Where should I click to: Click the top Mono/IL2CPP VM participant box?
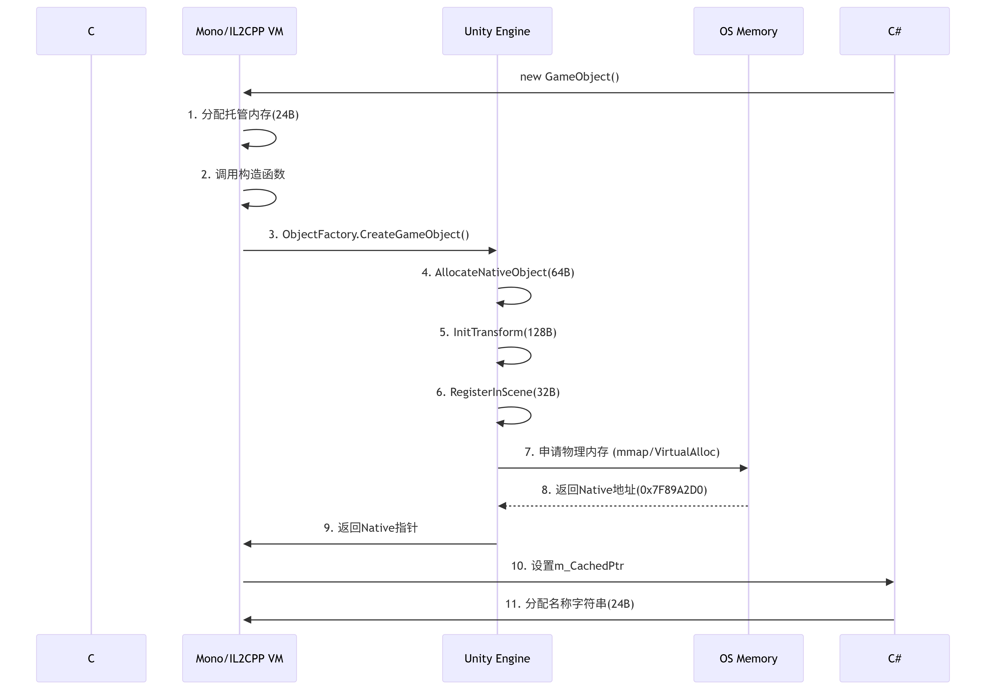239,31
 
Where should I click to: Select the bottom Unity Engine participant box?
497,658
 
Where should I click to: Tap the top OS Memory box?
748,31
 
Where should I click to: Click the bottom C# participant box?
894,658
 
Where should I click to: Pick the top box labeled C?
91,31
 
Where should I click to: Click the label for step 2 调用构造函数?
243,174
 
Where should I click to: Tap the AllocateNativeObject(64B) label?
504,272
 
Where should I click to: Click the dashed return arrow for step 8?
623,506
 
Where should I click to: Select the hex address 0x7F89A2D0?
671,490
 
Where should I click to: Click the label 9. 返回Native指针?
371,528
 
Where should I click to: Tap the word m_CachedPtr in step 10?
589,566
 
